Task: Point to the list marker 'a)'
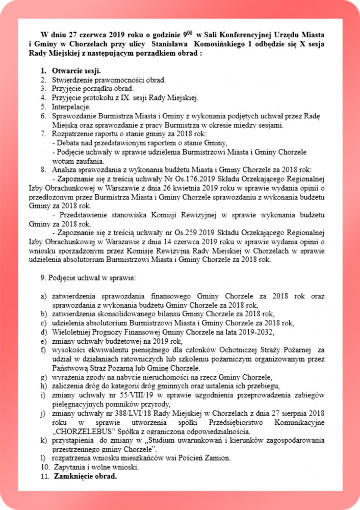click(x=44, y=296)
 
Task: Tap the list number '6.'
click(x=44, y=116)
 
